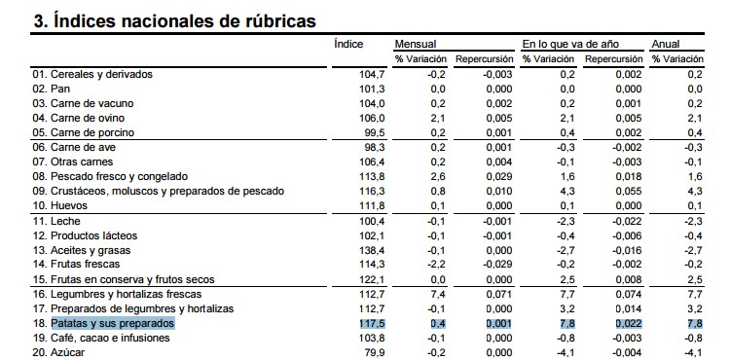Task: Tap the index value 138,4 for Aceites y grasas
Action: pos(372,250)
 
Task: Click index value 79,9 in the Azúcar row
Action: pos(375,352)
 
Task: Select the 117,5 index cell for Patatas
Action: pos(372,323)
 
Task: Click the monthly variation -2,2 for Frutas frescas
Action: pos(436,265)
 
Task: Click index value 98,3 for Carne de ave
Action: pos(375,147)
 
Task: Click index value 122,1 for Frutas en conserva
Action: pos(372,279)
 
